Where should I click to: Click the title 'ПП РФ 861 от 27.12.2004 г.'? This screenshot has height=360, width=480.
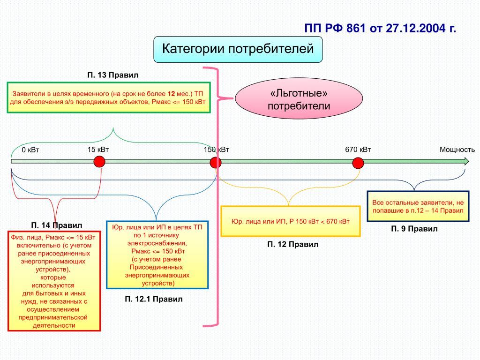(x=380, y=28)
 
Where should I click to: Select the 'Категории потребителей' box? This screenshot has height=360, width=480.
(x=238, y=49)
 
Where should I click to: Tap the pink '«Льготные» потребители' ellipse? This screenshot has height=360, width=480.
(x=299, y=98)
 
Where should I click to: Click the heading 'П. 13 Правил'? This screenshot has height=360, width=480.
(x=112, y=75)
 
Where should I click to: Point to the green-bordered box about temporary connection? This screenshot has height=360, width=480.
(x=109, y=97)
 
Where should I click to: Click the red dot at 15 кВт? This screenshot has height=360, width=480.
(x=99, y=161)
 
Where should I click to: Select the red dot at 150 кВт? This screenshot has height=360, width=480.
(x=216, y=163)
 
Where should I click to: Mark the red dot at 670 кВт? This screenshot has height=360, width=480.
(x=358, y=163)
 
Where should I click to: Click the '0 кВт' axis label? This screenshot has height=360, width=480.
(x=30, y=150)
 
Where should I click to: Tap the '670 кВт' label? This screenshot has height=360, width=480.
(x=358, y=150)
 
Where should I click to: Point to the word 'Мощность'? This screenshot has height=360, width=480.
(x=457, y=150)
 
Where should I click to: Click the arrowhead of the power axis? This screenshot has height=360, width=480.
(x=466, y=161)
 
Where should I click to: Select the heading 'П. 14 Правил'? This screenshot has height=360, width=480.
(x=57, y=225)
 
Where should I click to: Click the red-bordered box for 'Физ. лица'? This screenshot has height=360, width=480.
(x=54, y=281)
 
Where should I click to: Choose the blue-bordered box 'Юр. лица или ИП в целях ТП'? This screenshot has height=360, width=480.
(x=157, y=255)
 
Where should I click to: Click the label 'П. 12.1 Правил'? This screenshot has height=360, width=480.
(x=154, y=299)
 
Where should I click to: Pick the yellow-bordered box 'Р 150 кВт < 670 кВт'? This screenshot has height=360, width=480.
(x=291, y=221)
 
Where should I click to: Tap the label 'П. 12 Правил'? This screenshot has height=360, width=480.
(x=292, y=244)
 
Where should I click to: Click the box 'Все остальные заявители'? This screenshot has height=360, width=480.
(x=418, y=206)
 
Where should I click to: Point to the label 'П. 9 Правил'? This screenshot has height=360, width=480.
(x=414, y=229)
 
